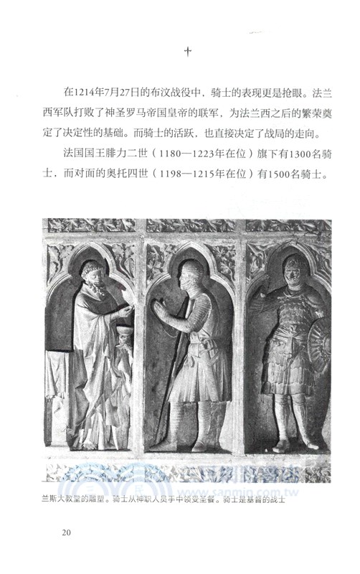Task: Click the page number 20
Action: (66, 531)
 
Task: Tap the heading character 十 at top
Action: (188, 52)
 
